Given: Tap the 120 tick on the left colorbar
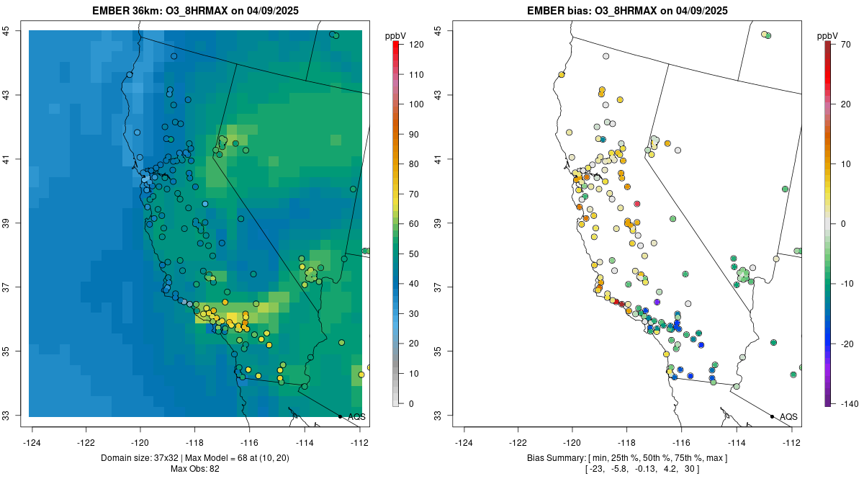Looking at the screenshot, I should [415, 45].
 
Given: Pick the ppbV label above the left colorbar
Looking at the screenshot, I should [396, 35].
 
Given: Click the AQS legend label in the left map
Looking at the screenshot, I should [356, 417].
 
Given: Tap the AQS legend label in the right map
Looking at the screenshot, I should [788, 417].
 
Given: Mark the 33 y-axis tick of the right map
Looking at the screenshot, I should [438, 416].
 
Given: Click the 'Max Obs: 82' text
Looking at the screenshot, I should [195, 469].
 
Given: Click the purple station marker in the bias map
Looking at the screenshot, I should [657, 302].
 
